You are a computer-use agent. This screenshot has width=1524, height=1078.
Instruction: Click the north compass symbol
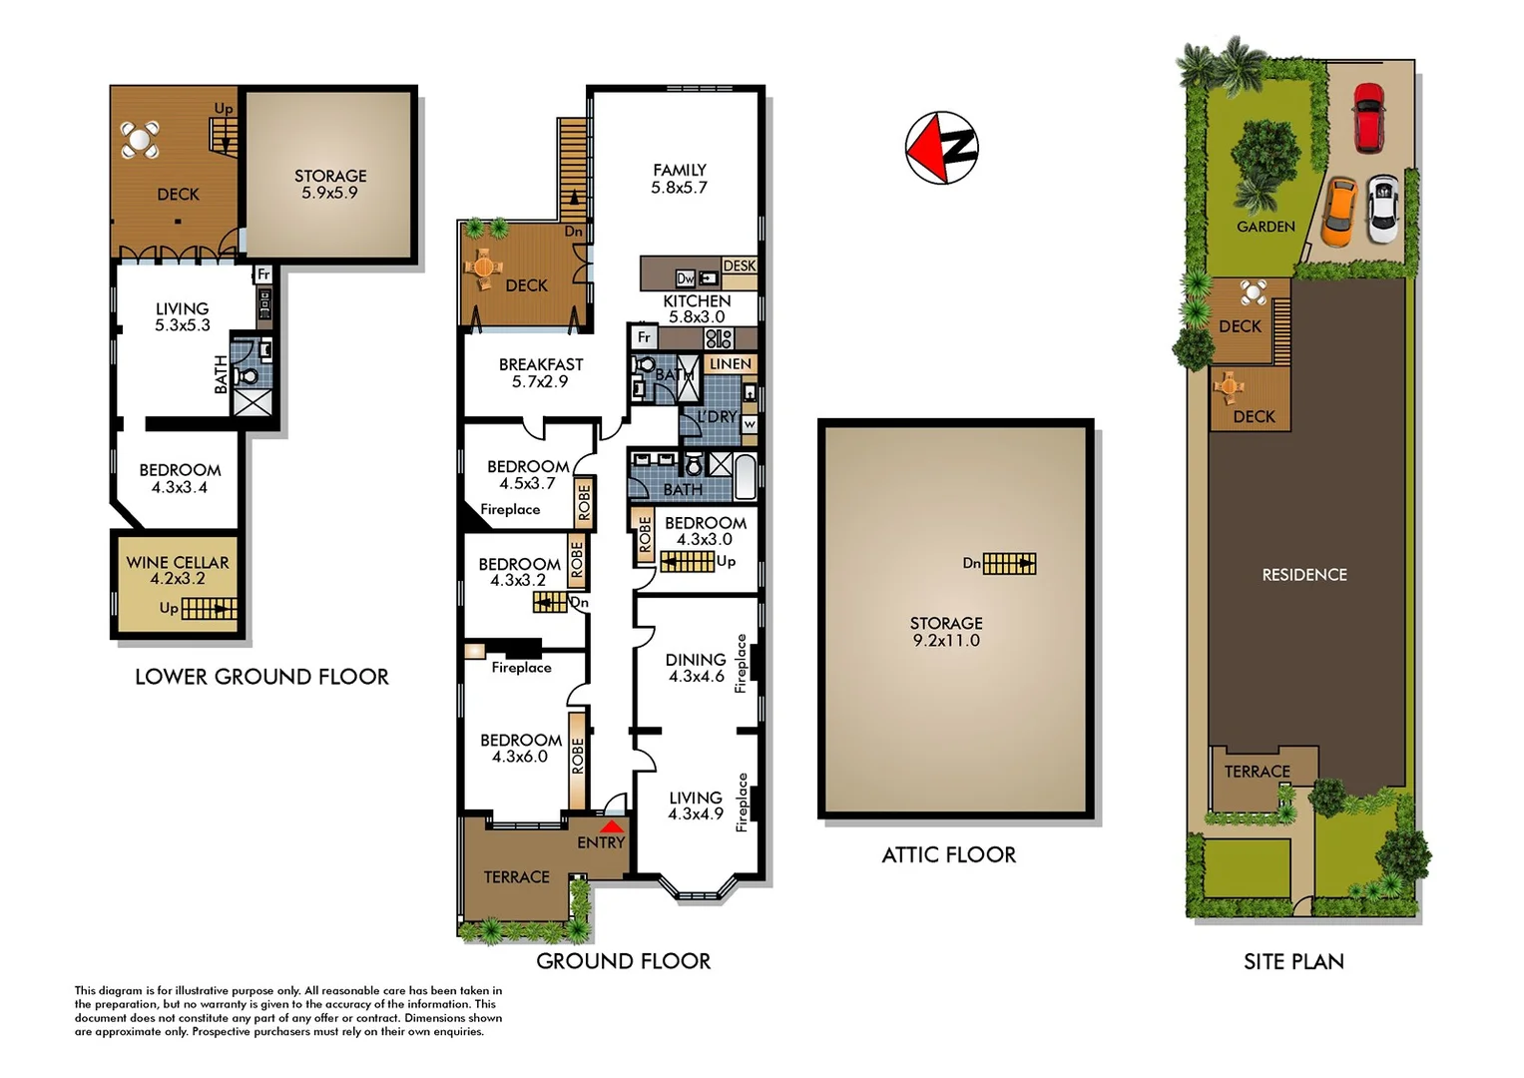click(941, 148)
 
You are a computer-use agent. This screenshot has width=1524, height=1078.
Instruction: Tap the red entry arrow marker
click(612, 826)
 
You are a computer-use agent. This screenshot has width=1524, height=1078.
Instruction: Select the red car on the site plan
click(1367, 117)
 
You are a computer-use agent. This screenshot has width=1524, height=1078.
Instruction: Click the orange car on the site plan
click(1339, 211)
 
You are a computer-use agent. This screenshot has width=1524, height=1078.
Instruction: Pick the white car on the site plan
click(1383, 209)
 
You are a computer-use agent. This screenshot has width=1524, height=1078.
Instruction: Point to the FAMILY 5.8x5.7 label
click(679, 179)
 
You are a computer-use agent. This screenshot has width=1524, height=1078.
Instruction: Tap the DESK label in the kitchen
click(740, 266)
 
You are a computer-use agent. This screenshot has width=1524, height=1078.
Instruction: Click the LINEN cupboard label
click(730, 364)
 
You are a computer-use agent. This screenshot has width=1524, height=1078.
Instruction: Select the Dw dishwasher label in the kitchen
click(686, 278)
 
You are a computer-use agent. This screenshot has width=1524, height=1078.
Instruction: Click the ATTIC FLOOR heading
click(948, 855)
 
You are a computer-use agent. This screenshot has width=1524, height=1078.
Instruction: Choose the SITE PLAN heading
click(1293, 962)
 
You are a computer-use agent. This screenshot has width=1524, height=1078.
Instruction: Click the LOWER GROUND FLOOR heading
click(261, 677)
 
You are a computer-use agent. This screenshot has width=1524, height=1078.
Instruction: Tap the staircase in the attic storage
click(1009, 564)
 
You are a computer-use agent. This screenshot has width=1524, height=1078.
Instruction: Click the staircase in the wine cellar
click(210, 608)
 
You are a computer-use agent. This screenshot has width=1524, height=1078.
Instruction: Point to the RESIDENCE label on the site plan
click(1304, 575)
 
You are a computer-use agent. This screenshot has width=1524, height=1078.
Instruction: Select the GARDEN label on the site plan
click(1266, 227)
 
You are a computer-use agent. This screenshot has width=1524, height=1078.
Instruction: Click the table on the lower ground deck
click(140, 140)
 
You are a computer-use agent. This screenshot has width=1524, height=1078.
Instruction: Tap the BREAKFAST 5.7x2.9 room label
click(541, 372)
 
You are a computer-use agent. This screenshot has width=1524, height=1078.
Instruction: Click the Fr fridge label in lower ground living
click(263, 274)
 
